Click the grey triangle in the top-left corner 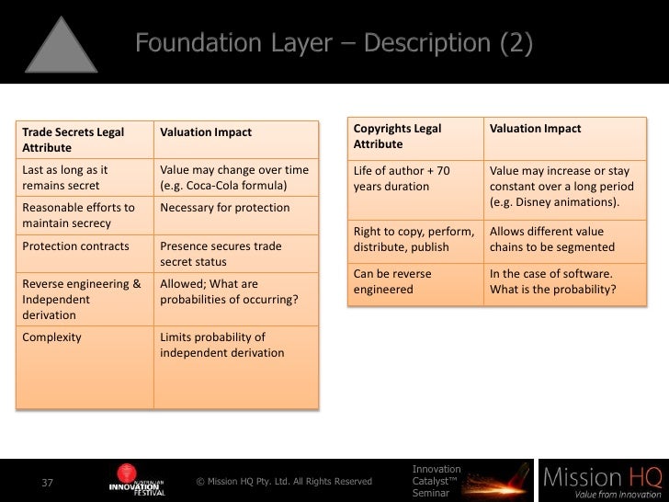point(60,44)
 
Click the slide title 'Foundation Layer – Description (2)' point(334,43)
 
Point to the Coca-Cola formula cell point(235,177)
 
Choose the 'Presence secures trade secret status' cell point(235,254)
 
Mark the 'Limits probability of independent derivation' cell point(235,345)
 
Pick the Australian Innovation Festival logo point(137,480)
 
